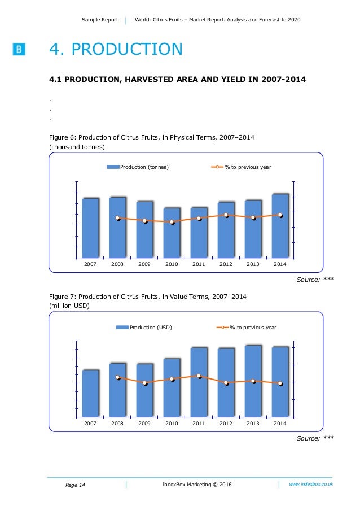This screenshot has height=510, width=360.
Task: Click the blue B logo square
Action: pyautogui.click(x=19, y=50)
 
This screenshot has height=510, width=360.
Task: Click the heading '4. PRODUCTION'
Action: pyautogui.click(x=116, y=50)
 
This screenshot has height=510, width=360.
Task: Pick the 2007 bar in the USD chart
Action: pyautogui.click(x=90, y=394)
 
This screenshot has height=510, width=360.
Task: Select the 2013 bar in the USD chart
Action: pyautogui.click(x=253, y=381)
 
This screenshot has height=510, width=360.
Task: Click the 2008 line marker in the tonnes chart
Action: pyautogui.click(x=118, y=218)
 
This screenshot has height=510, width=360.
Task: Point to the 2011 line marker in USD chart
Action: pyautogui.click(x=199, y=376)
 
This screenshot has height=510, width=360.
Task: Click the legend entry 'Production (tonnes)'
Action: pyautogui.click(x=138, y=167)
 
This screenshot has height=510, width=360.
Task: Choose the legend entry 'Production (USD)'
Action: pyautogui.click(x=144, y=328)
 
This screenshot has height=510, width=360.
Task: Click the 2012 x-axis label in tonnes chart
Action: pyautogui.click(x=226, y=264)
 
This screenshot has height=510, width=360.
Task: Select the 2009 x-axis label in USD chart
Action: pyautogui.click(x=144, y=424)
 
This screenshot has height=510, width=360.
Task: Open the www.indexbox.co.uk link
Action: pyautogui.click(x=310, y=485)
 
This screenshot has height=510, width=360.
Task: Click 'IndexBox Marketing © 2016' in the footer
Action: pyautogui.click(x=196, y=485)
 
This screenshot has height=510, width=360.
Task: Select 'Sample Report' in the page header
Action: pyautogui.click(x=100, y=20)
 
